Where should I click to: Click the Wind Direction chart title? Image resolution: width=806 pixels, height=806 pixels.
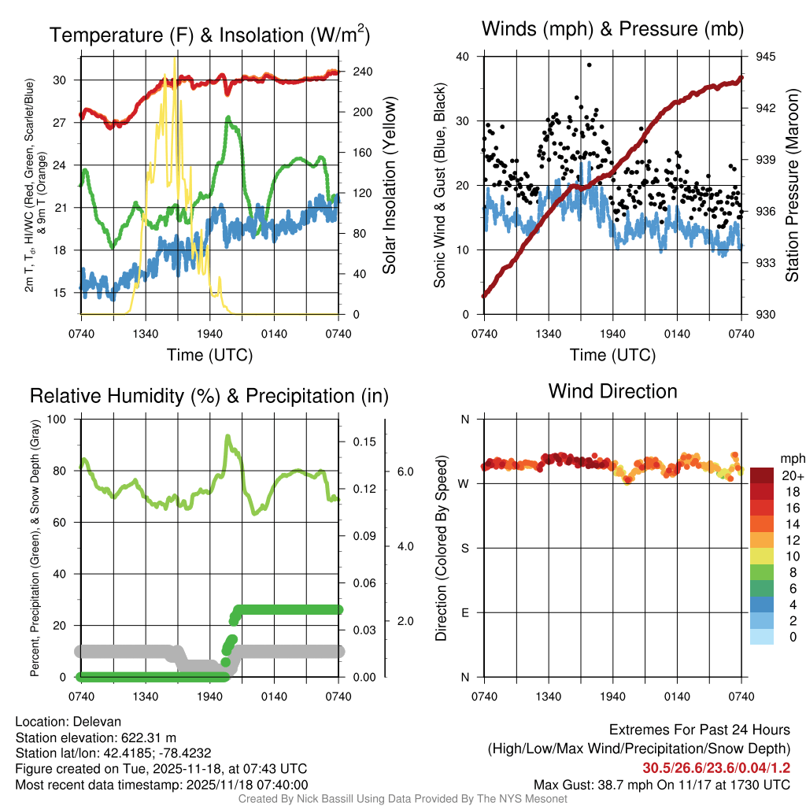click(612, 391)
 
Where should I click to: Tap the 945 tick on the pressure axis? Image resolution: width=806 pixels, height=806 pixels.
click(765, 57)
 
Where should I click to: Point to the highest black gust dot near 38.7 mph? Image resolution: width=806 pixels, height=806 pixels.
click(589, 65)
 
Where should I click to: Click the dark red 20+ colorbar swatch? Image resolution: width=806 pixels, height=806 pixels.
click(763, 476)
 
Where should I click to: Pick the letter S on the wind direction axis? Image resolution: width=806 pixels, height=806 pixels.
click(464, 548)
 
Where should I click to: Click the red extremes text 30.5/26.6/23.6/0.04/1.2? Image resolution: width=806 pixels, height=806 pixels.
click(716, 768)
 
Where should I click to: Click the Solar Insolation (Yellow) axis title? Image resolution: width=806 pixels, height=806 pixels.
click(389, 185)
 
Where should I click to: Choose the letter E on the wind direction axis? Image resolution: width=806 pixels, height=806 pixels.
click(464, 612)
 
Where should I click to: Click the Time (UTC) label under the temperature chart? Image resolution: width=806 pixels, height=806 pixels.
click(209, 355)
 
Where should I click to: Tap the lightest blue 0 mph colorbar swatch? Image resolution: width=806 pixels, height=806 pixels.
click(763, 637)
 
